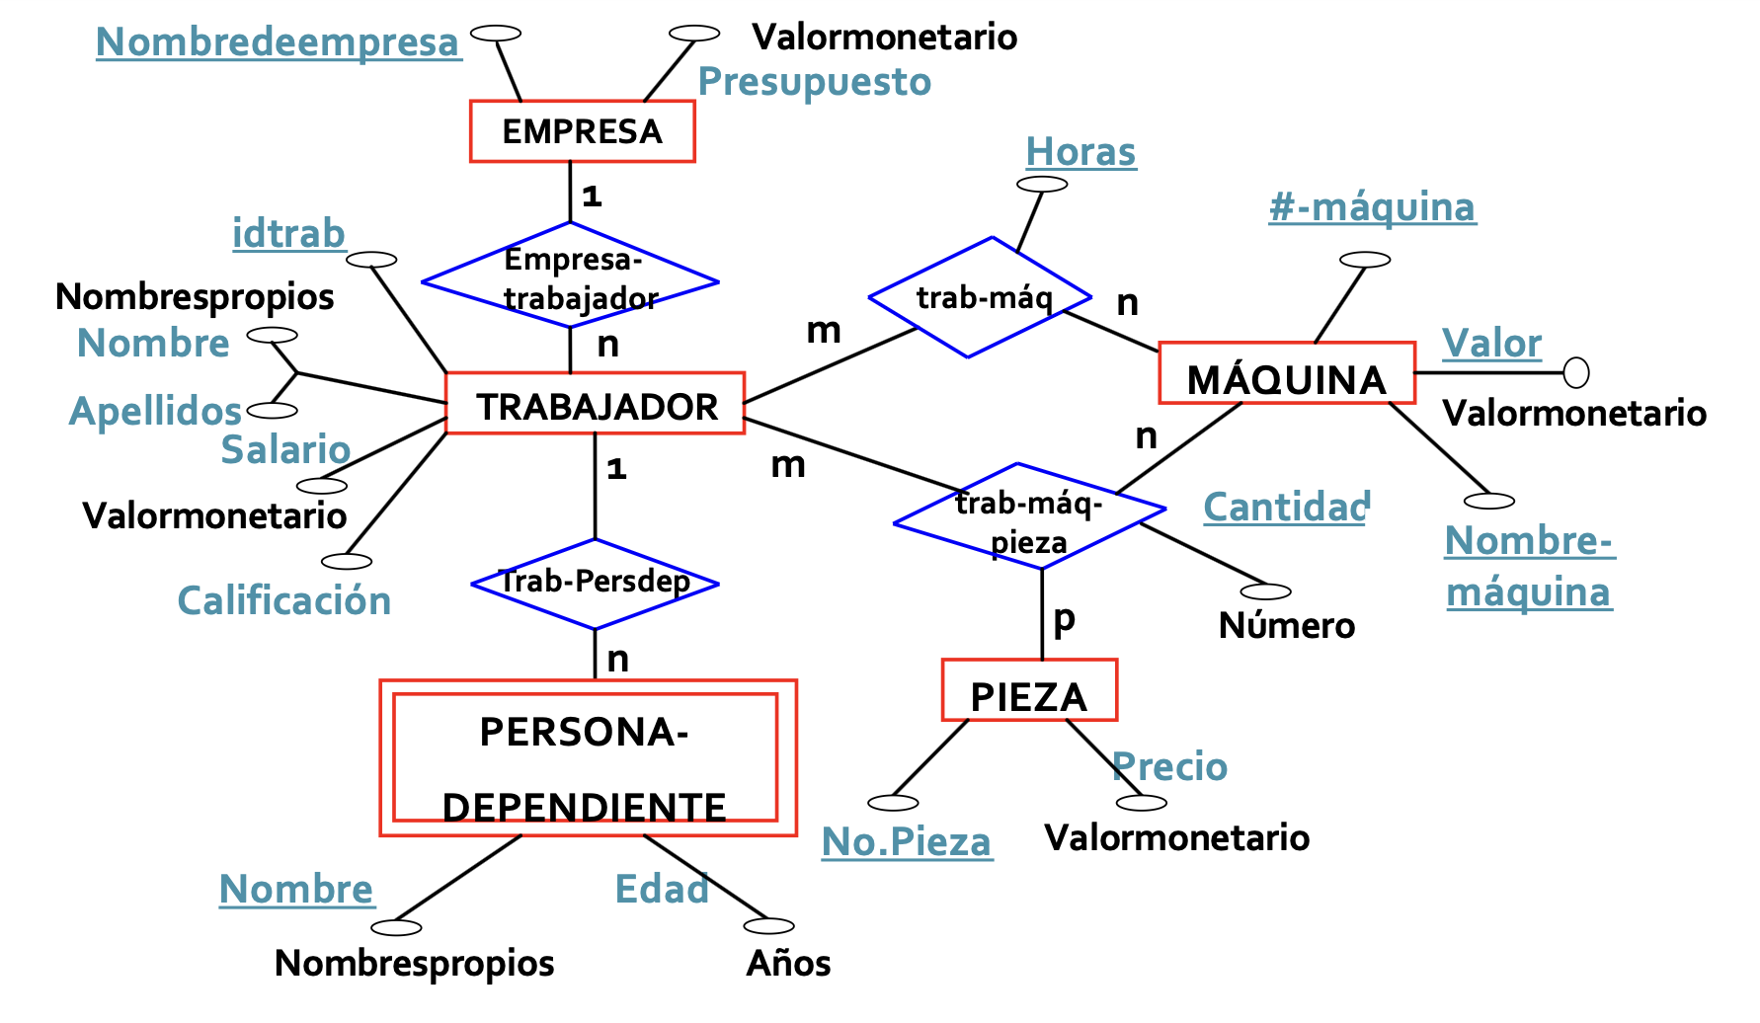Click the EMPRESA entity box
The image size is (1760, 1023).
tap(582, 131)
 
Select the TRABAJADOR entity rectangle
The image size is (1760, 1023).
tap(596, 404)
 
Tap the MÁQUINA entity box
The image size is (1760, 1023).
tap(1286, 374)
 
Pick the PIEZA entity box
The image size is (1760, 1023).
tap(1029, 691)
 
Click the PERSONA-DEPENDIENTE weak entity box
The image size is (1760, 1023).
tap(588, 758)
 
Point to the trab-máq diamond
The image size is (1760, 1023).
tap(980, 297)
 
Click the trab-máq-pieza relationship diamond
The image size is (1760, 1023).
tap(1029, 516)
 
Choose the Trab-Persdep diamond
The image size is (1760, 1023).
tap(595, 583)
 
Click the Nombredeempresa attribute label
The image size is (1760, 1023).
tap(279, 42)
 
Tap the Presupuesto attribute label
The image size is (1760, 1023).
tap(815, 82)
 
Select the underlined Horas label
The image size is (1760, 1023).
tap(1080, 152)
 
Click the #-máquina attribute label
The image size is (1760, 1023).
tap(1372, 207)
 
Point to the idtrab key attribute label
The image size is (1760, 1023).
tap(288, 234)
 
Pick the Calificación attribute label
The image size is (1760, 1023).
tap(284, 600)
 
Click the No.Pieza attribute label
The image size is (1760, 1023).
tap(907, 842)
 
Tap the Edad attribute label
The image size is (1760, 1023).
tap(662, 889)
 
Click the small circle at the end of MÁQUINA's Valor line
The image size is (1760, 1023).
tap(1576, 373)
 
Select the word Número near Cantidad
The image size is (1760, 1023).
tap(1286, 626)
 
